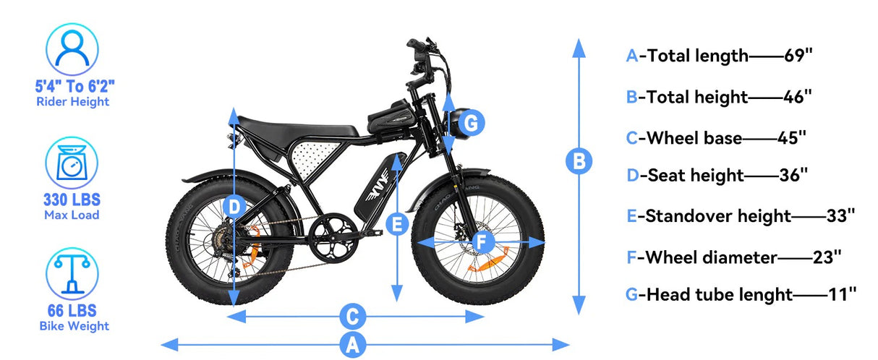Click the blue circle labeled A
pyautogui.click(x=352, y=344)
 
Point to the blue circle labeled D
pyautogui.click(x=234, y=207)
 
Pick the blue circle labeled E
pyautogui.click(x=396, y=224)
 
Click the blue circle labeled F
pyautogui.click(x=483, y=241)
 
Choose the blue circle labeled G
pyautogui.click(x=470, y=124)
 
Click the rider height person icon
pyautogui.click(x=72, y=48)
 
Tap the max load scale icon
pyautogui.click(x=72, y=163)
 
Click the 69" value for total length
pyautogui.click(x=799, y=56)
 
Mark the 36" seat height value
pyautogui.click(x=793, y=175)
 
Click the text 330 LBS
pyautogui.click(x=72, y=200)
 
